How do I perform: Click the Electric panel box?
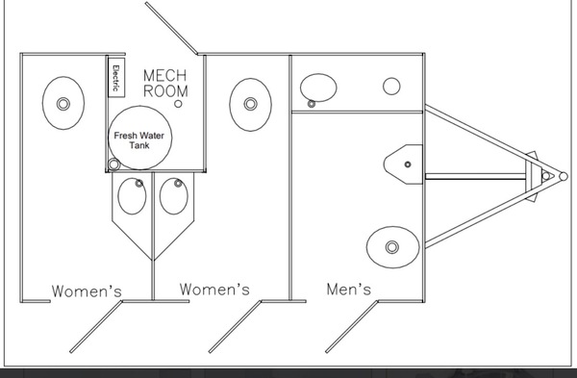pyautogui.click(x=114, y=76)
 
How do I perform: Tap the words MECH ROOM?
pyautogui.click(x=165, y=82)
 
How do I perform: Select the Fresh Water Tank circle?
pyautogui.click(x=139, y=139)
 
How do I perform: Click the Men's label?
pyautogui.click(x=350, y=288)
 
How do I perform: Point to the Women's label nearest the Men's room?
pyautogui.click(x=215, y=289)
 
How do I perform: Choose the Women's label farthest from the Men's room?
pyautogui.click(x=87, y=290)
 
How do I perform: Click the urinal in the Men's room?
pyautogui.click(x=404, y=164)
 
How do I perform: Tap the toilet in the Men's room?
pyautogui.click(x=390, y=246)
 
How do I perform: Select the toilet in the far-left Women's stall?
pyautogui.click(x=63, y=102)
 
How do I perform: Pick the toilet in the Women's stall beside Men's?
pyautogui.click(x=250, y=103)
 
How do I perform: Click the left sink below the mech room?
pyautogui.click(x=133, y=195)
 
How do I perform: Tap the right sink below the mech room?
pyautogui.click(x=173, y=195)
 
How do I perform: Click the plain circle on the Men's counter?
pyautogui.click(x=391, y=86)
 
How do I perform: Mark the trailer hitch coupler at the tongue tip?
pyautogui.click(x=546, y=176)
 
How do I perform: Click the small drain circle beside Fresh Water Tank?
pyautogui.click(x=115, y=164)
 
